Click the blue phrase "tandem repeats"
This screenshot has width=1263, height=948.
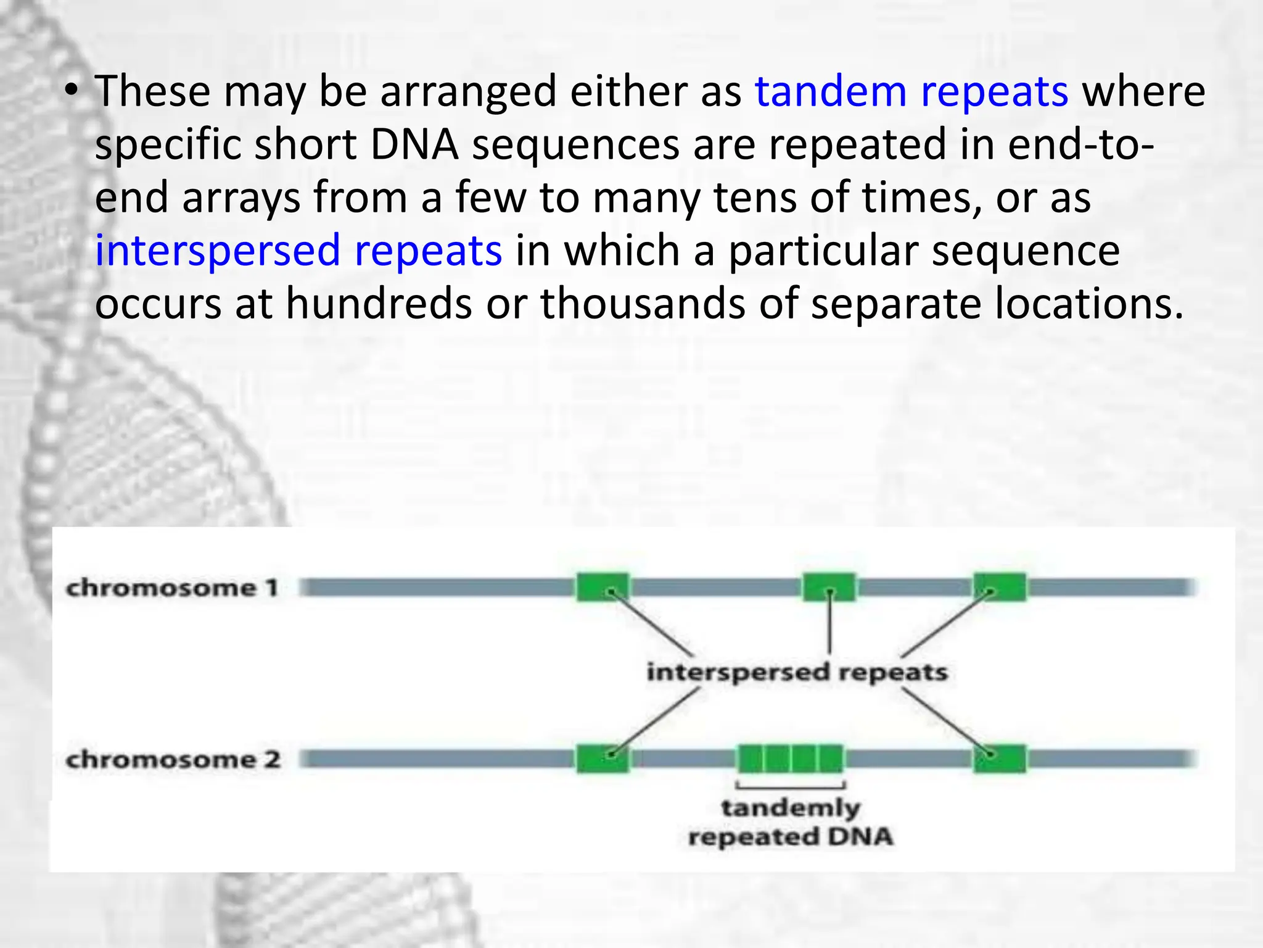[911, 92]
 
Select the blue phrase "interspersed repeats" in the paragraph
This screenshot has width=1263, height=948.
[298, 251]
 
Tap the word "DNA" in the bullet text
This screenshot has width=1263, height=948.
[414, 144]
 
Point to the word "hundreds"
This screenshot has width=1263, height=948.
[379, 304]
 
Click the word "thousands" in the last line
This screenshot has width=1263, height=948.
[643, 304]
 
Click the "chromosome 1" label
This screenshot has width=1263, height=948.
[172, 588]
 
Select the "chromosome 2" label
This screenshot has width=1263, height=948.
[173, 759]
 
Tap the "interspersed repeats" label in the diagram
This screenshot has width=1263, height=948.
[797, 672]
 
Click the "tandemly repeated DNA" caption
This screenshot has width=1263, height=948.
[791, 822]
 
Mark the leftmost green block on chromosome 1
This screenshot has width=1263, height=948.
[603, 587]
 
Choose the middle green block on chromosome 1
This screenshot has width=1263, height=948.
[829, 587]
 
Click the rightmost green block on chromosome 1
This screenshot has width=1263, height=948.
[1000, 587]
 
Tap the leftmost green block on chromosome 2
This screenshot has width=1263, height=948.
[603, 759]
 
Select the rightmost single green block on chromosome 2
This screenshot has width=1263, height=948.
[1000, 759]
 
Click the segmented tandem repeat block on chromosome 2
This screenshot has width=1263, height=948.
[791, 759]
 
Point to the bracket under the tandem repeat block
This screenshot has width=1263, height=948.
[791, 787]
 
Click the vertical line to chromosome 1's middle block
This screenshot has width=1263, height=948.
[829, 623]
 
